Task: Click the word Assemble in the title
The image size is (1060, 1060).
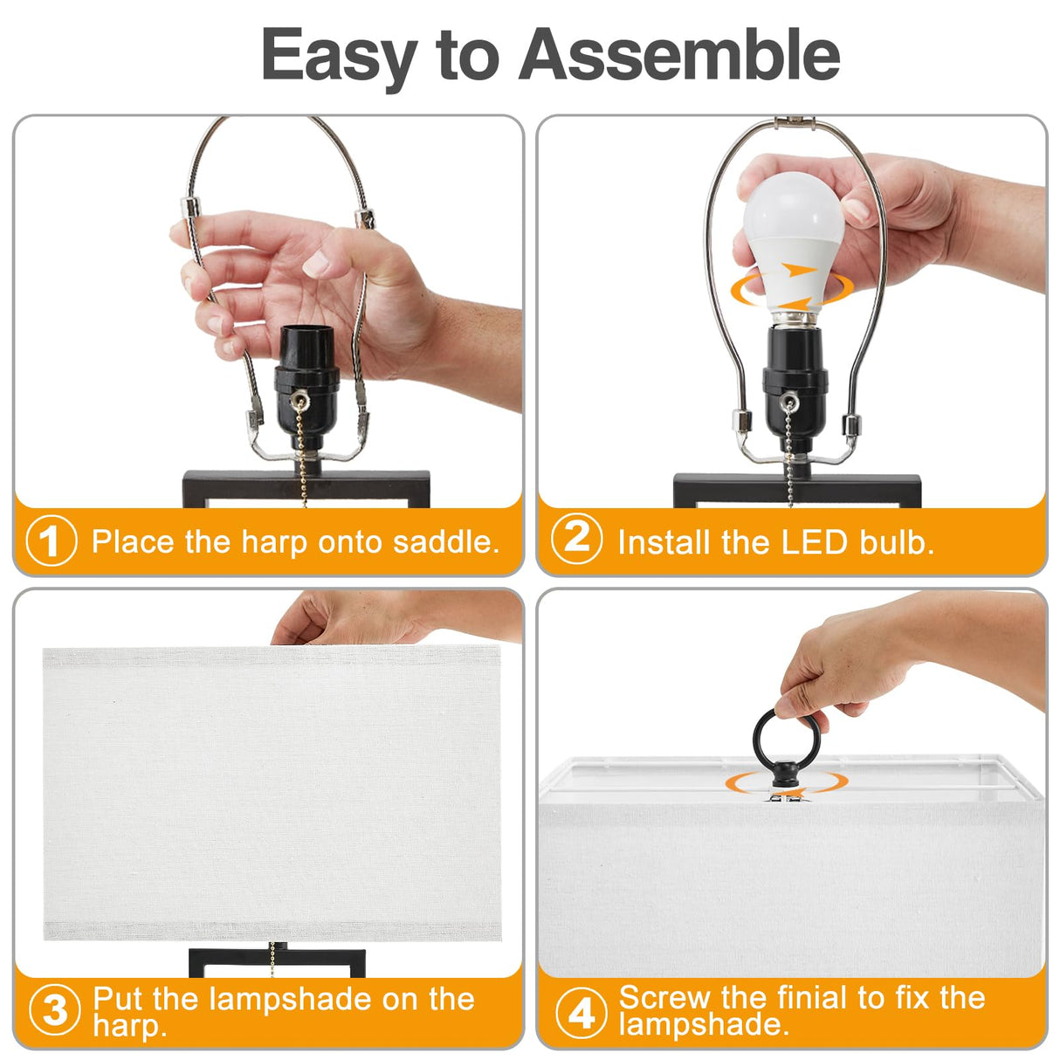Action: pyautogui.click(x=679, y=55)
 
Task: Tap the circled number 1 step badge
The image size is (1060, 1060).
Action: pyautogui.click(x=52, y=541)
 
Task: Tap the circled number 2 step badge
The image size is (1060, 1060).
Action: pyautogui.click(x=576, y=539)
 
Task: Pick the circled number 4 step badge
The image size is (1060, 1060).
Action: pyautogui.click(x=581, y=1012)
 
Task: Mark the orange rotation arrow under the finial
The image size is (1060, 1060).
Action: pyautogui.click(x=786, y=783)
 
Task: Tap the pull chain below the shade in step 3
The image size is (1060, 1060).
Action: pyautogui.click(x=273, y=958)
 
